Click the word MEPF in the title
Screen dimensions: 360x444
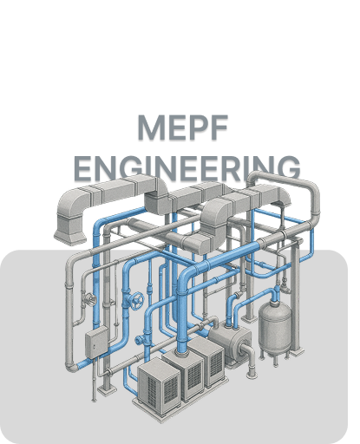(x=183, y=127)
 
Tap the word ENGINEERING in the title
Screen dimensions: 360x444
(x=187, y=168)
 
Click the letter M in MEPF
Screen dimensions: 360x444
(x=150, y=127)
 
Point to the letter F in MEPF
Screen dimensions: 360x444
(x=219, y=127)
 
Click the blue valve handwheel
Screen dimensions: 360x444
(x=137, y=301)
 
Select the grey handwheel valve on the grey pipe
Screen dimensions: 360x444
(x=89, y=299)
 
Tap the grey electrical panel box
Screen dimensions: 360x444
(x=96, y=343)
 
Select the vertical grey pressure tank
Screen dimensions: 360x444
(x=275, y=327)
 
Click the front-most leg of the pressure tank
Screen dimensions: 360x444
(x=275, y=359)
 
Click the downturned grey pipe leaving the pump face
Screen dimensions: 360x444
(x=249, y=361)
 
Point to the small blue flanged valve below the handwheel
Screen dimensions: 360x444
(x=140, y=340)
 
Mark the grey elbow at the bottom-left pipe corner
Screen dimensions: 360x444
(x=71, y=365)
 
